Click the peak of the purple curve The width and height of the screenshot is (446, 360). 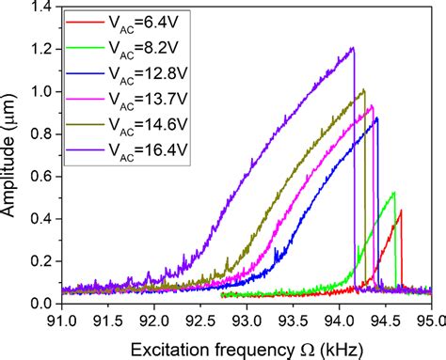click(x=353, y=48)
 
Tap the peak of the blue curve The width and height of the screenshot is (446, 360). click(x=377, y=117)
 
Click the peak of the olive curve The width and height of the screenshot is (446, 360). click(x=363, y=89)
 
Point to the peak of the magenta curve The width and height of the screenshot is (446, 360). click(x=372, y=105)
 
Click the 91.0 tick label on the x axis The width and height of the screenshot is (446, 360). click(x=61, y=319)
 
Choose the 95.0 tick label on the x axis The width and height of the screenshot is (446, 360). click(x=430, y=319)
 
